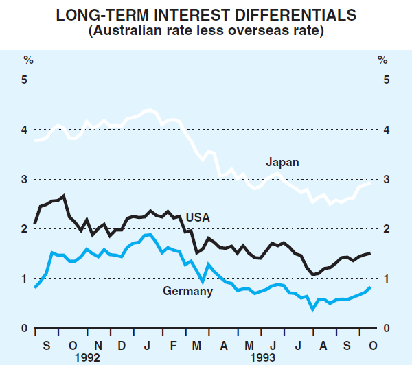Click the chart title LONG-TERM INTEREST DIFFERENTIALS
[206, 16]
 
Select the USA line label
[198, 217]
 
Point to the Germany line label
[188, 291]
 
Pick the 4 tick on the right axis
[386, 130]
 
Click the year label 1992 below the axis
[87, 357]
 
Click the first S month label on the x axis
[47, 343]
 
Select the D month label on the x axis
[121, 343]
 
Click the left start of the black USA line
[35, 223]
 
